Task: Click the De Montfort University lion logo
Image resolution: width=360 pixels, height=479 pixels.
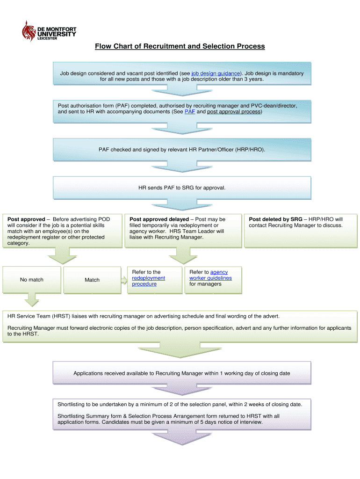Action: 29,31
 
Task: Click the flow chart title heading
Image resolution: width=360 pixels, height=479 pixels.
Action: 180,46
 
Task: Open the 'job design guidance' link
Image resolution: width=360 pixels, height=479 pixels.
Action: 216,73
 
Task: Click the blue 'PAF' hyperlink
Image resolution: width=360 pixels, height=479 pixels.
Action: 190,112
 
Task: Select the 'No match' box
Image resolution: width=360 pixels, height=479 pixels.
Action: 32,280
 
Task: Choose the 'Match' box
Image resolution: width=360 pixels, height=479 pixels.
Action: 92,280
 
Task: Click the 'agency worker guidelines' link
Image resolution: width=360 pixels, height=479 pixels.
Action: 210,278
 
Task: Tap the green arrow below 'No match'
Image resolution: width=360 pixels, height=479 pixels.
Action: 32,299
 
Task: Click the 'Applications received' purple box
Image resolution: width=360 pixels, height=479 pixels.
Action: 182,373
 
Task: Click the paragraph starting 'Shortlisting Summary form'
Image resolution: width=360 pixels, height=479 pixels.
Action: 168,419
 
